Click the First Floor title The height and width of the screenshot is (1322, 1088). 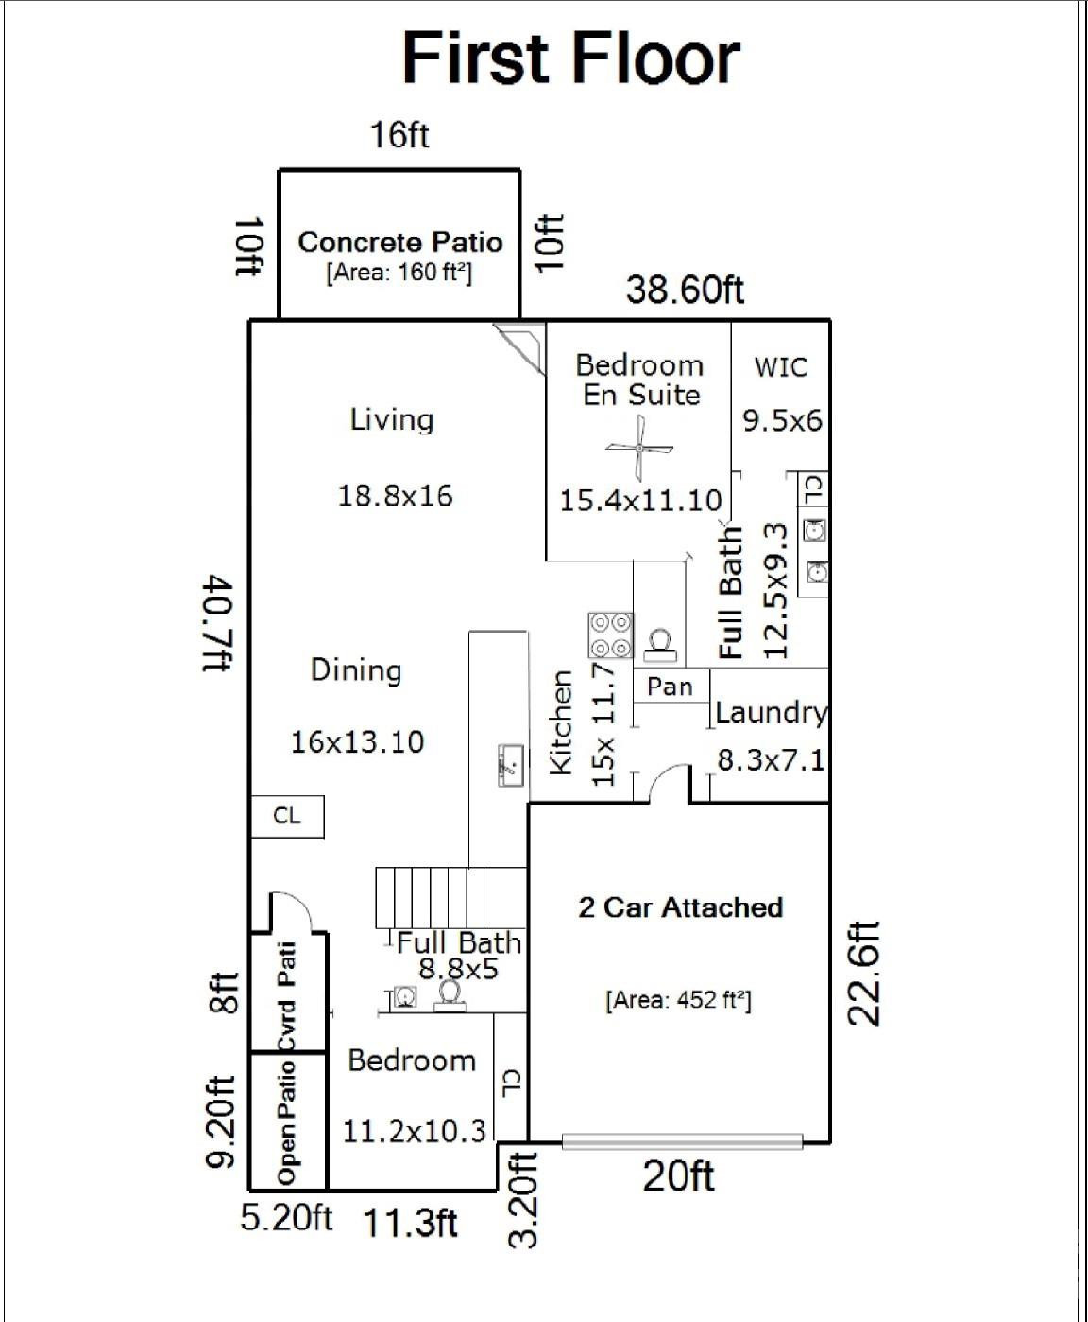coord(570,59)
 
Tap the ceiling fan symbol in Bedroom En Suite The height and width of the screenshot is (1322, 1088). coord(639,449)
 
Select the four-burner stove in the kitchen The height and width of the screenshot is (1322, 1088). coord(610,635)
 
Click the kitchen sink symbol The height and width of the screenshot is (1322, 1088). coord(511,764)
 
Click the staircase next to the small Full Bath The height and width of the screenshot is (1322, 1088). coord(450,898)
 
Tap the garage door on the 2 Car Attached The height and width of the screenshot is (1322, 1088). coord(682,1142)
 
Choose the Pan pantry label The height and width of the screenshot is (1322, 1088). coord(670,686)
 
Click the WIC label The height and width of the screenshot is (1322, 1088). coord(781,366)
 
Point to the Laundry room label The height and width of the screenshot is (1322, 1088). coord(771,713)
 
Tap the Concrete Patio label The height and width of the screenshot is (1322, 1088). coord(399,243)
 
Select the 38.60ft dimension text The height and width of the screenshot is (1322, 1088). coord(685,289)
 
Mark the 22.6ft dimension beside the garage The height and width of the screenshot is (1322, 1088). coord(864,974)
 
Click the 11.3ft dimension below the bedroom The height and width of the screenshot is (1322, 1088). coord(411,1224)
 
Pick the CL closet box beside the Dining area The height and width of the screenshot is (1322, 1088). coord(287,816)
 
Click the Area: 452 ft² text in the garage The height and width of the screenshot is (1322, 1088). coord(678,1000)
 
